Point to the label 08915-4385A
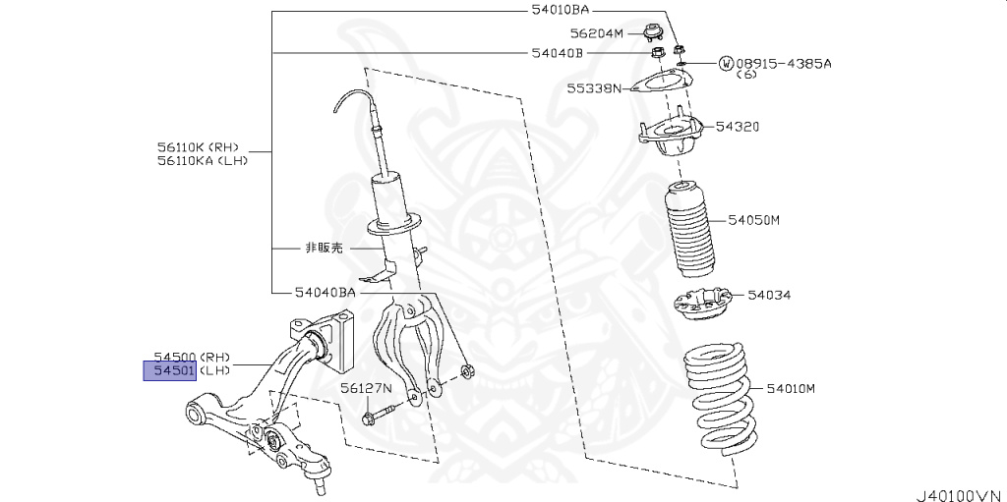click(x=784, y=63)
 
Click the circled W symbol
click(x=726, y=64)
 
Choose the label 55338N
click(x=594, y=88)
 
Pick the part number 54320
click(x=738, y=127)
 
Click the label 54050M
click(x=753, y=220)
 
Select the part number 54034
click(x=769, y=295)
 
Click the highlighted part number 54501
click(x=170, y=370)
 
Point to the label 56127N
click(x=367, y=388)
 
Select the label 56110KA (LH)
click(x=202, y=160)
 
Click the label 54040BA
click(x=325, y=292)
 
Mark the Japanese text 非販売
click(x=323, y=250)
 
